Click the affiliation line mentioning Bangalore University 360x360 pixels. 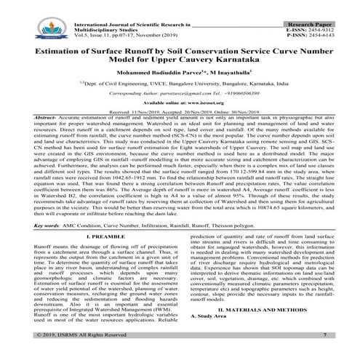[180, 84]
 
